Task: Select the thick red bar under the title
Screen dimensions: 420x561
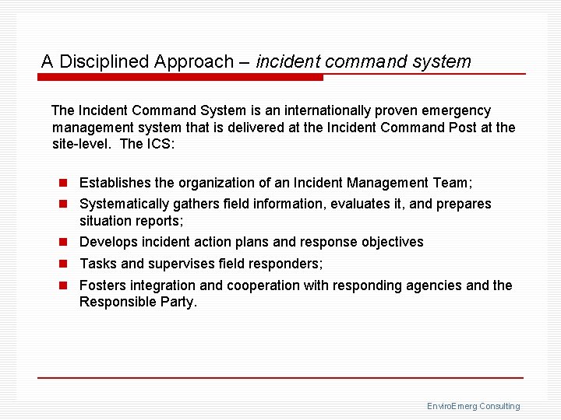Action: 182,78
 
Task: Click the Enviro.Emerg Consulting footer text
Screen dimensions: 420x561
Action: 473,406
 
